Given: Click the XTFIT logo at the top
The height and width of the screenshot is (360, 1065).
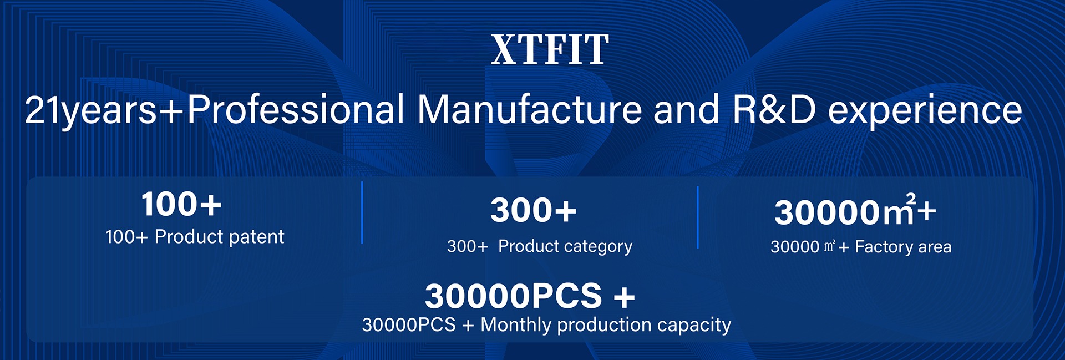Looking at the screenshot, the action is click(550, 49).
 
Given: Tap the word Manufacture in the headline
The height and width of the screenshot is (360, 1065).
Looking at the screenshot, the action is click(530, 109).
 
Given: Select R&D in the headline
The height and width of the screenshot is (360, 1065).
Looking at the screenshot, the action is click(774, 109).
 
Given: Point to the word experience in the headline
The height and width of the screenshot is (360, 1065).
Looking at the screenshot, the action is click(925, 111).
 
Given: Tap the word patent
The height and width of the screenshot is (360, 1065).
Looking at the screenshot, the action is click(256, 237).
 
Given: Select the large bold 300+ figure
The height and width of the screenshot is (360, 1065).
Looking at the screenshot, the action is click(534, 210).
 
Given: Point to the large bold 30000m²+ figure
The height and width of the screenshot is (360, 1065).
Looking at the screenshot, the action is click(855, 210).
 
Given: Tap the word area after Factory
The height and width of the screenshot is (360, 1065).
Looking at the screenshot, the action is click(935, 247).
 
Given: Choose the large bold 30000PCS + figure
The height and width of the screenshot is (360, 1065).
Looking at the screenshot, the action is click(530, 296).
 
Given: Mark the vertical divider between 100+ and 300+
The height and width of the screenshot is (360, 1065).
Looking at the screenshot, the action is click(362, 212).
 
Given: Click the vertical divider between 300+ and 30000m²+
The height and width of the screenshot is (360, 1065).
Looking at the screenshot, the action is click(698, 217).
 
